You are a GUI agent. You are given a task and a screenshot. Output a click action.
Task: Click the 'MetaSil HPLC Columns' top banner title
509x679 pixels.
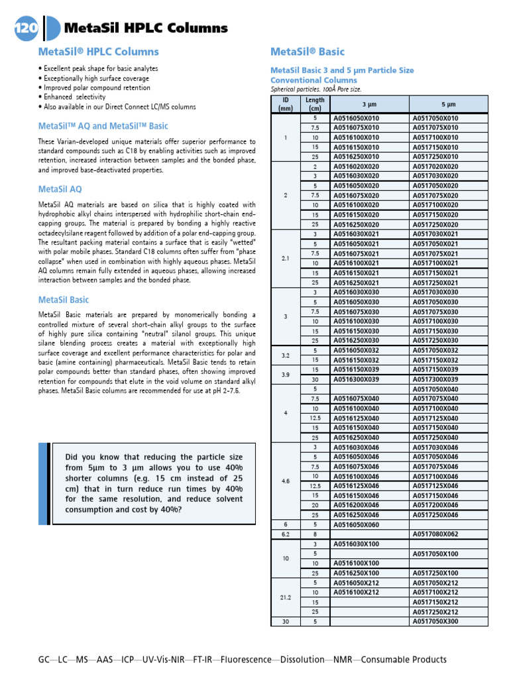coord(146,28)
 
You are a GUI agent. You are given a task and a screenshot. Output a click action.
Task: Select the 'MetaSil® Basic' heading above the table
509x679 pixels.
coord(308,52)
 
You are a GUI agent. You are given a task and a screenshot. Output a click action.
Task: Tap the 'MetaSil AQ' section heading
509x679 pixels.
coord(60,190)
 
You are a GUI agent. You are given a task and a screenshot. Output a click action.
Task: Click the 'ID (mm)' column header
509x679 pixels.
coord(286,104)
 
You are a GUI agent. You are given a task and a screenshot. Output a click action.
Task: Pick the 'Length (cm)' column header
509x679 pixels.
coord(315,104)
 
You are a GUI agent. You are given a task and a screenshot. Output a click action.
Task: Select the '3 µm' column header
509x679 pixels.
coord(368,104)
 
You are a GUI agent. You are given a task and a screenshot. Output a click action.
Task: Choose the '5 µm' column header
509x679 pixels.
coord(448,104)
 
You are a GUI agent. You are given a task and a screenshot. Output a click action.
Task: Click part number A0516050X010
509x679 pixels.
coord(356,118)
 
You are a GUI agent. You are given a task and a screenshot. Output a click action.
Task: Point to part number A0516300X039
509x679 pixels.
coord(356,379)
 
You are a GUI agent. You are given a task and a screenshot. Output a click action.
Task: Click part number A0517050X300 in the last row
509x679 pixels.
coord(435,621)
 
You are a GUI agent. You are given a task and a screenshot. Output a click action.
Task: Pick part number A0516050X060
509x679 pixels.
coord(356,525)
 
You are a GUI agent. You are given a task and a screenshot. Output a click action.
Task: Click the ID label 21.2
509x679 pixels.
coord(286,597)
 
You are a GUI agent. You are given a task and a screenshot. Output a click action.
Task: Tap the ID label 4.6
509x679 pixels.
coord(286,481)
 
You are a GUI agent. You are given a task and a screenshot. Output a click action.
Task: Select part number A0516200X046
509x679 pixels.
coord(356,505)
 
